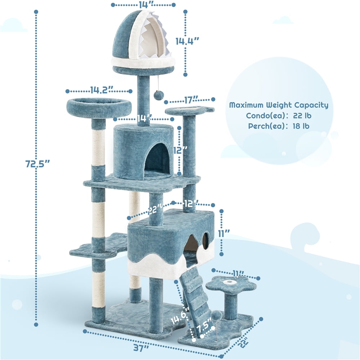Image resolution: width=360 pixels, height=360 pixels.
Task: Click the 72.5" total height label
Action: (x=37, y=164)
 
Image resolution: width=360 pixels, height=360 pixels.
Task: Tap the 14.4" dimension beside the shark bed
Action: (x=187, y=41)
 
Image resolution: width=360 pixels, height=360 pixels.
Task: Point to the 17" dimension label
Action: (x=191, y=100)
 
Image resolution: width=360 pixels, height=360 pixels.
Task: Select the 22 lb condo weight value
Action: (x=302, y=116)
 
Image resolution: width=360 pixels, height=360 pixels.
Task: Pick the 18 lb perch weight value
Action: (x=301, y=126)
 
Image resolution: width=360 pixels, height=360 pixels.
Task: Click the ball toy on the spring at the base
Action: (x=216, y=315)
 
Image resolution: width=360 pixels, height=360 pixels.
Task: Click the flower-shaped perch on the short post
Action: (x=231, y=284)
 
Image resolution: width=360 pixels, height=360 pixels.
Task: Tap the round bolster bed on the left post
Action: (x=99, y=106)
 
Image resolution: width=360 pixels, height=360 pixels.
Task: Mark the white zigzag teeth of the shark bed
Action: (x=160, y=42)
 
